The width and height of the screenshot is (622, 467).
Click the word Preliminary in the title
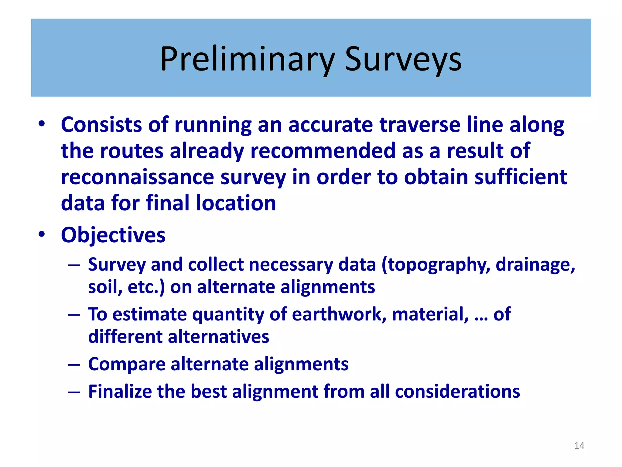tap(247, 59)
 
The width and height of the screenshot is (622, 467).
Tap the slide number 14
tap(579, 446)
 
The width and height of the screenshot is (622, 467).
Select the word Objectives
tap(113, 235)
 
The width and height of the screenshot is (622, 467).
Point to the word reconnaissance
tap(138, 177)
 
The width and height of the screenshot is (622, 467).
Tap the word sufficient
tap(521, 177)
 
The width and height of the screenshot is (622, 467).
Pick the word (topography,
tap(436, 265)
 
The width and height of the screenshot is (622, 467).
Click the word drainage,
tap(535, 265)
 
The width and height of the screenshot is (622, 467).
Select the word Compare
tap(126, 364)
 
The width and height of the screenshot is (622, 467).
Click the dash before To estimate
tap(74, 315)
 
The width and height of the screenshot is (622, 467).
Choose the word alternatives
tap(218, 337)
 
